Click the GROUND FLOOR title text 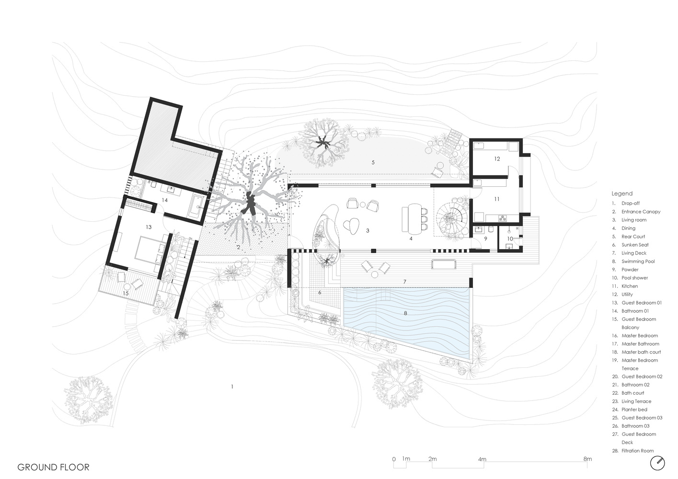pos(53,467)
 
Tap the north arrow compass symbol pos(657,463)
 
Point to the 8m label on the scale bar pos(587,459)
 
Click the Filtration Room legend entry pos(633,451)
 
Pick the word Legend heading pos(622,194)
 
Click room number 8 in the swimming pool pos(405,313)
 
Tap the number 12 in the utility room pos(497,159)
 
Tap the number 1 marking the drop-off pos(232,387)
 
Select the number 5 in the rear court pos(373,162)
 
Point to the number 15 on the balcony pos(126,293)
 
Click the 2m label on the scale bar pos(433,459)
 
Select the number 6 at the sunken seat pos(320,293)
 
